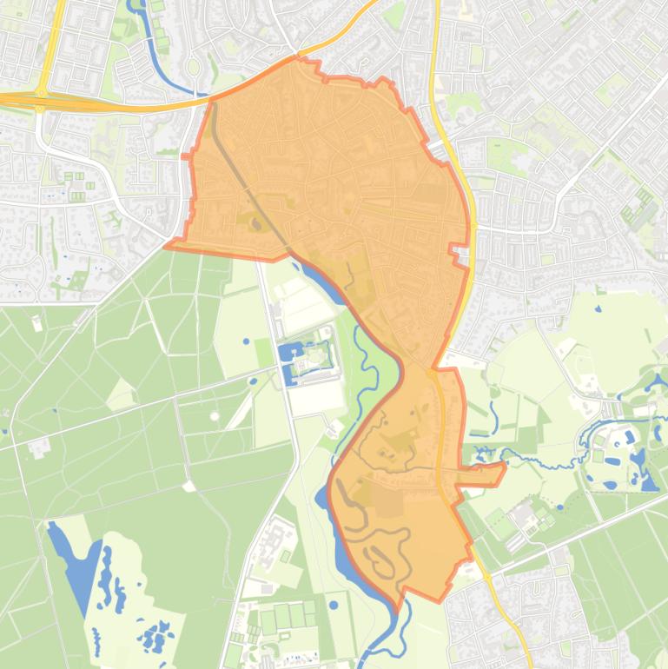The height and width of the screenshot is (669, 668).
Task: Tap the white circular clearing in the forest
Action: click(215, 416)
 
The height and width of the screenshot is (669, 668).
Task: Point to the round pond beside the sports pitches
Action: click(334, 605)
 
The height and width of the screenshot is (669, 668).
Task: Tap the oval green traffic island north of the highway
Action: click(192, 66)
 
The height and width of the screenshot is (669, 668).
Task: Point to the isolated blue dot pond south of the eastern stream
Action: click(559, 507)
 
